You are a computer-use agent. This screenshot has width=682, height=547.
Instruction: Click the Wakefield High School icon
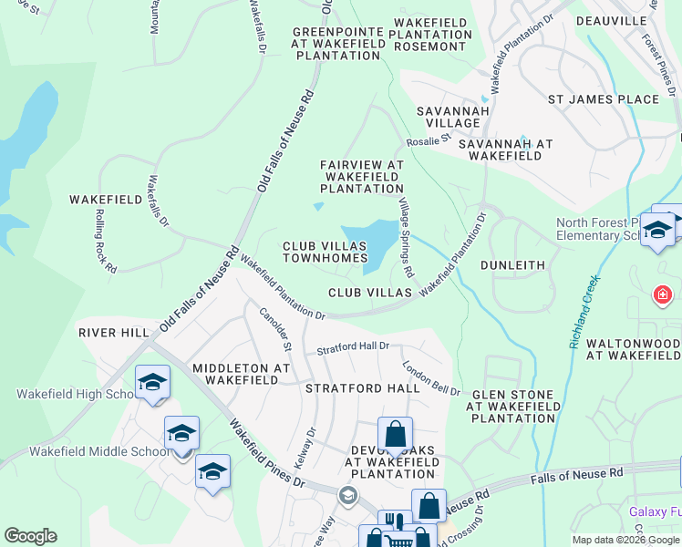pyautogui.click(x=152, y=382)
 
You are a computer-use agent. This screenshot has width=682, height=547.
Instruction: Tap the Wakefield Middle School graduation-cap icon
pyautogui.click(x=182, y=432)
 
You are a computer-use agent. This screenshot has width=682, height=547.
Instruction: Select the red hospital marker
pyautogui.click(x=663, y=295)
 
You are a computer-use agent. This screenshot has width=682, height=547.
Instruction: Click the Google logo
pyautogui.click(x=31, y=536)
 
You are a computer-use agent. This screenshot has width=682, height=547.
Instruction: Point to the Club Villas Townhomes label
pyautogui.click(x=325, y=253)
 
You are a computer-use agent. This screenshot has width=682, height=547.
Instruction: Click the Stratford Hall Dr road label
pyautogui.click(x=353, y=347)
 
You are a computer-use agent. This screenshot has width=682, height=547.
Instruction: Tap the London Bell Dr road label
pyautogui.click(x=431, y=377)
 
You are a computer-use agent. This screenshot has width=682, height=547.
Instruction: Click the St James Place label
pyautogui.click(x=603, y=99)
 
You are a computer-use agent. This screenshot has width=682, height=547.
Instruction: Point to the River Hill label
pyautogui.click(x=113, y=333)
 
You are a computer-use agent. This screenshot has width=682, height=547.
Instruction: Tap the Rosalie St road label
pyautogui.click(x=434, y=140)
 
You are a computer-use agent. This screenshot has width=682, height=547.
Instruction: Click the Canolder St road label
pyautogui.click(x=274, y=329)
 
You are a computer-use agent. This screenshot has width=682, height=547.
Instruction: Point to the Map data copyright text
pyautogui.click(x=625, y=540)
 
